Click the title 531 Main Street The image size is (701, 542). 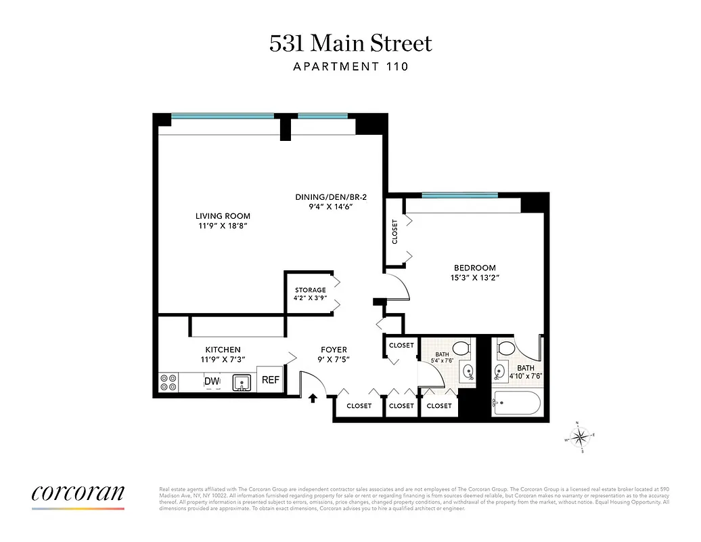coord(350,44)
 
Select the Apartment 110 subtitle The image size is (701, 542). coord(350,66)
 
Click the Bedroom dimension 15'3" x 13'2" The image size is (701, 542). coord(474,277)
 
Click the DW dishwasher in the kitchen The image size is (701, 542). coord(212,382)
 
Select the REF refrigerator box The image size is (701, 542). coord(271,381)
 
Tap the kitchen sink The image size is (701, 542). coord(242,383)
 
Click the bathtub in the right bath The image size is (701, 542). coord(516,405)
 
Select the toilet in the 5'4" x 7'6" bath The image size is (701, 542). coord(461,350)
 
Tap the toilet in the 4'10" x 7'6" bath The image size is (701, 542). coord(506,350)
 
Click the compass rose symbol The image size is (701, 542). coord(580,437)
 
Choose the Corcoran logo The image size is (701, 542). coord(78,493)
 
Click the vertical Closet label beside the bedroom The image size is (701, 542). coord(394,231)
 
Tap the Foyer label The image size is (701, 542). coord(334,350)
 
